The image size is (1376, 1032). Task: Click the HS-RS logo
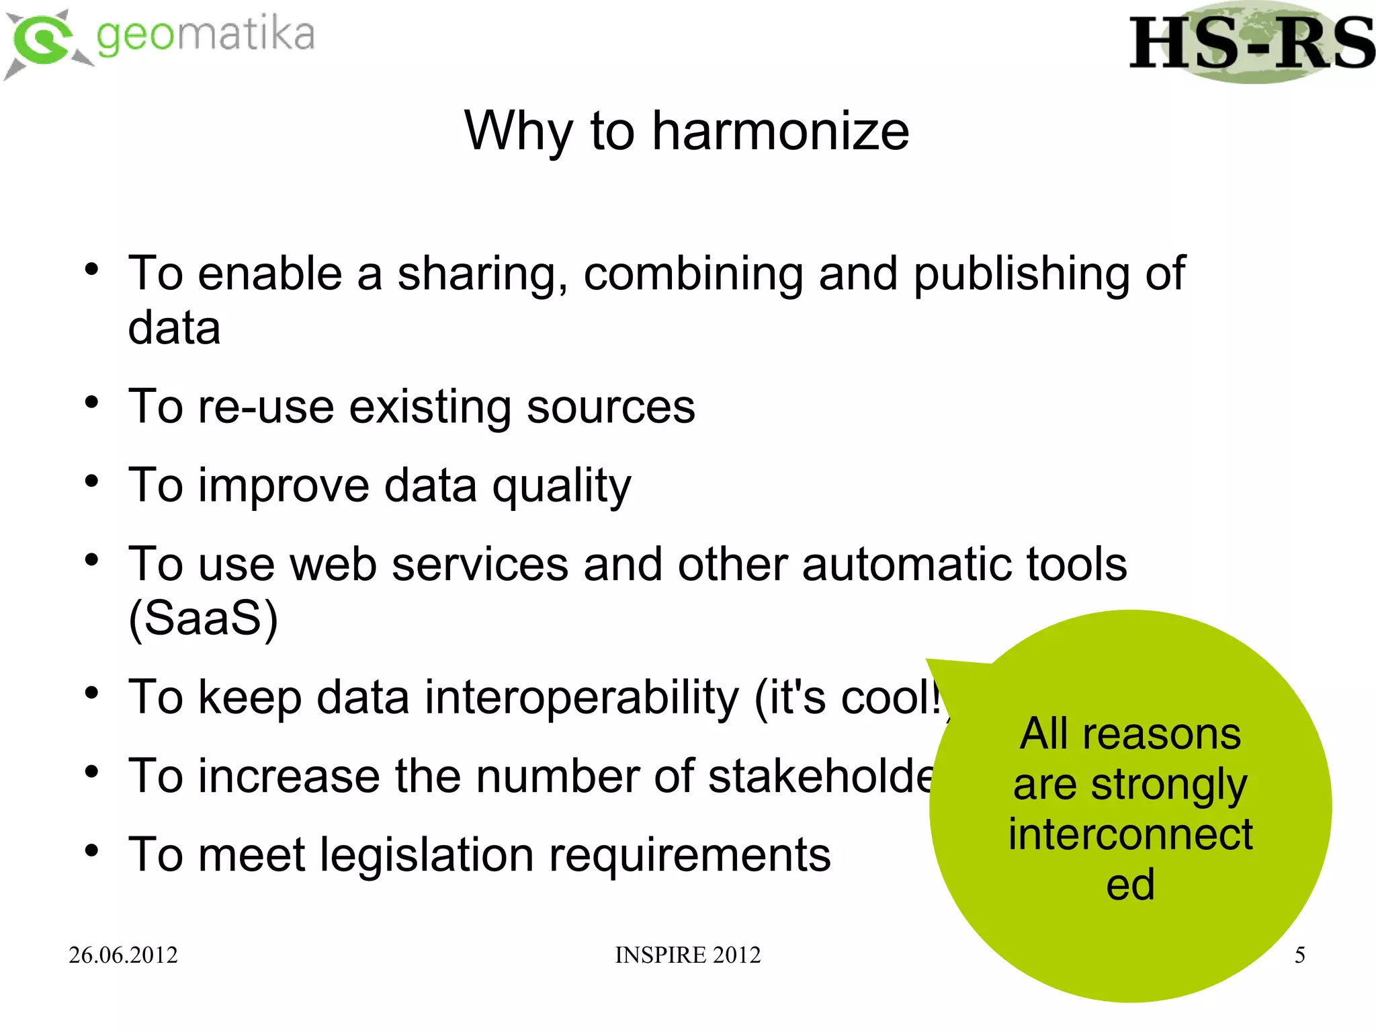1251,43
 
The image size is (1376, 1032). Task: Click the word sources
611,407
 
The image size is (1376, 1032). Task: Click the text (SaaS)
203,619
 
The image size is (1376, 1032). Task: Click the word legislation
427,855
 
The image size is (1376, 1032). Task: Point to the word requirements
690,855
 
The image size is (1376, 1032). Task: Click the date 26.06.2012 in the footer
123,955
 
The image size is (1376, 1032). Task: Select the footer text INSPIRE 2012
687,955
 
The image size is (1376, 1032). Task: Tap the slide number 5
1299,955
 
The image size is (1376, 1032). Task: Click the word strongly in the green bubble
1168,785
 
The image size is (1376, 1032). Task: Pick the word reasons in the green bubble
1162,733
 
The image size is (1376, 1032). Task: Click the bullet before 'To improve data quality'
92,481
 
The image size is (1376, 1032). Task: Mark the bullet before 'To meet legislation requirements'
92,850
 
